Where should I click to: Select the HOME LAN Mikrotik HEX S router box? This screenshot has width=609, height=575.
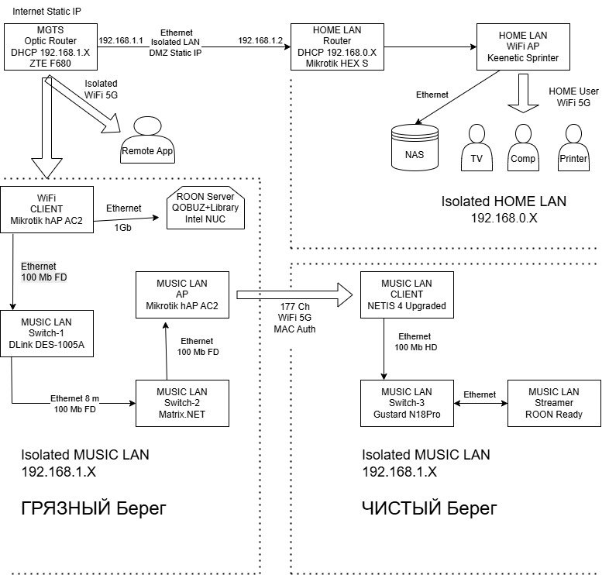point(336,46)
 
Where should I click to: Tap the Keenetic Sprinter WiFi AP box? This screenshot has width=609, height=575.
point(517,46)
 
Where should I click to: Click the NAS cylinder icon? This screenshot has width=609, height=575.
point(415,148)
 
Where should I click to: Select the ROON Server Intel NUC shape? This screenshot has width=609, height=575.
point(206,208)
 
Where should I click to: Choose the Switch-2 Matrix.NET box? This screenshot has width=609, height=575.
point(182,402)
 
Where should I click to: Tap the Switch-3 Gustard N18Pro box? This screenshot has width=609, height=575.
point(407,402)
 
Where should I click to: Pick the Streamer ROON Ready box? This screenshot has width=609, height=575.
point(553,402)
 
